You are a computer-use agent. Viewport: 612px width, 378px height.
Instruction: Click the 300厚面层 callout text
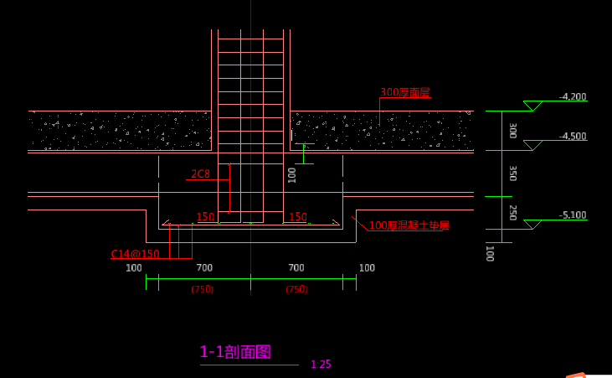(x=405, y=93)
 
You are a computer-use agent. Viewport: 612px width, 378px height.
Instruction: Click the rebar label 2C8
(x=200, y=174)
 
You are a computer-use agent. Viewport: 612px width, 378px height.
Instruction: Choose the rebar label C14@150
(x=135, y=254)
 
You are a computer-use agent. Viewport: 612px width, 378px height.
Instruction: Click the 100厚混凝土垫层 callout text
(x=409, y=225)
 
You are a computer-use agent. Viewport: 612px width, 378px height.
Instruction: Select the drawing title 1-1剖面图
(x=235, y=352)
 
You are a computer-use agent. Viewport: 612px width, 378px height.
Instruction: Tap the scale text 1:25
(x=321, y=365)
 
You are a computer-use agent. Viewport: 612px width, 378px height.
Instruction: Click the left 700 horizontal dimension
(x=204, y=268)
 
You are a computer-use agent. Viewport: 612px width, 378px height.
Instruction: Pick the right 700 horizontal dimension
(x=296, y=268)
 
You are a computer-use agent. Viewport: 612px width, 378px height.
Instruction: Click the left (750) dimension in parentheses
(x=203, y=289)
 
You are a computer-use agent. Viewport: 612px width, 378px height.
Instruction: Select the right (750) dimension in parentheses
(x=296, y=289)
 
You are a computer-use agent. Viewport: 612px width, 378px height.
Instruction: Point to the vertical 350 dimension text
(x=512, y=173)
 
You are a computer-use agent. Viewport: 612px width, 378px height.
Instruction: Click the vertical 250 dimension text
(x=512, y=212)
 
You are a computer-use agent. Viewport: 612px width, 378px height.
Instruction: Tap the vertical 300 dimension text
(x=512, y=131)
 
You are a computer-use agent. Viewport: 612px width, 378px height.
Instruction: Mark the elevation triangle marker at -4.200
(x=532, y=106)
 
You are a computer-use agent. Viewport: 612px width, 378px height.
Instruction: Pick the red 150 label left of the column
(x=205, y=218)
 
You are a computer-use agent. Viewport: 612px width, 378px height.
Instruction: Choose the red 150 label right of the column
(x=297, y=218)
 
